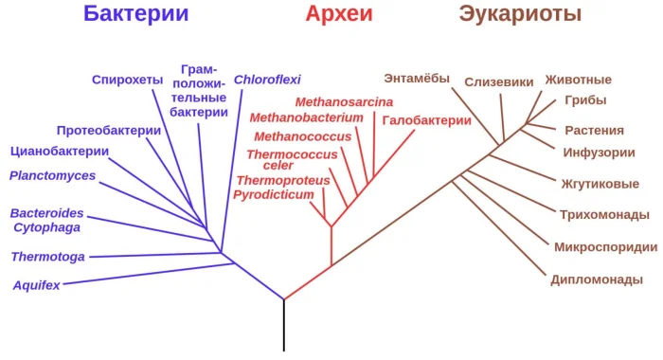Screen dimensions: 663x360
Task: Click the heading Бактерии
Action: click(135, 14)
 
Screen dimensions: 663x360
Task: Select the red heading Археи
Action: click(338, 14)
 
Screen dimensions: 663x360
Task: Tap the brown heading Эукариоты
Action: click(520, 14)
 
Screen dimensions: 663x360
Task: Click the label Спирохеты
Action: click(128, 80)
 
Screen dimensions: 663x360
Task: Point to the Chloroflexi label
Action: click(267, 80)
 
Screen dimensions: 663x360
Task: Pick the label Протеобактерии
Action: click(109, 131)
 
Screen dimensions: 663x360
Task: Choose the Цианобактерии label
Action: click(60, 151)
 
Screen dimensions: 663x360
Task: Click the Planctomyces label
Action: click(53, 175)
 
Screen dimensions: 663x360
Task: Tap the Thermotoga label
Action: click(48, 257)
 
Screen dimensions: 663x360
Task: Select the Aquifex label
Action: click(37, 285)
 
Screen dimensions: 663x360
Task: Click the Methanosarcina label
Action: click(344, 102)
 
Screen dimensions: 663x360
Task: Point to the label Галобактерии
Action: click(427, 120)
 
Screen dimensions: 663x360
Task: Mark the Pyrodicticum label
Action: click(274, 194)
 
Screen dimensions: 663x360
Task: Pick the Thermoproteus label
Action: click(283, 180)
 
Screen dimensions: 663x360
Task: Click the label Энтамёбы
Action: click(417, 78)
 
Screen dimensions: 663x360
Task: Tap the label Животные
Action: click(578, 80)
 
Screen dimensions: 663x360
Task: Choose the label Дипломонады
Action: click(598, 279)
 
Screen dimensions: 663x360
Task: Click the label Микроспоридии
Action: click(605, 247)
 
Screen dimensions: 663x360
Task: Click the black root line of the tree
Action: click(284, 327)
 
